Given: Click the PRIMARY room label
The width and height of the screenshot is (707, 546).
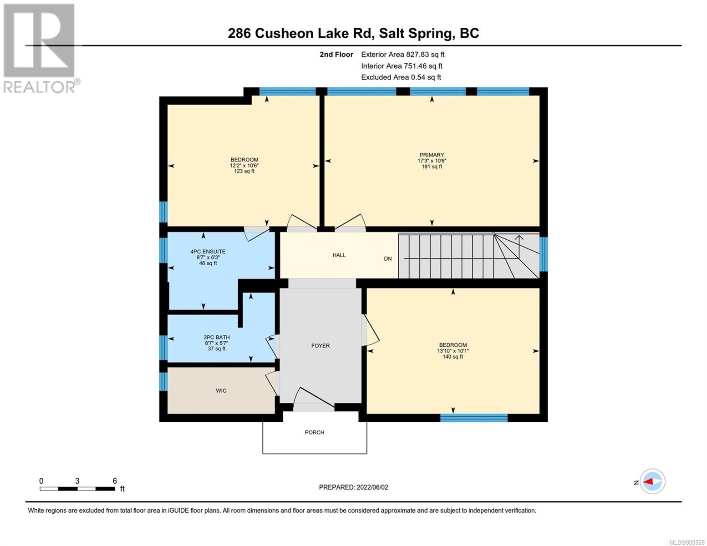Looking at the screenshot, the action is tap(432, 155).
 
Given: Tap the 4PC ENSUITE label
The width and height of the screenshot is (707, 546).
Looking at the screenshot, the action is tap(208, 251).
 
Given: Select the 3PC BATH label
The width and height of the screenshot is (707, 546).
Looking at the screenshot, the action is tap(217, 338).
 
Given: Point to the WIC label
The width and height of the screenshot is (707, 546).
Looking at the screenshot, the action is tap(221, 390).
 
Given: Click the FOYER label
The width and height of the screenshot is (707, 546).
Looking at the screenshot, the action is tap(320, 346).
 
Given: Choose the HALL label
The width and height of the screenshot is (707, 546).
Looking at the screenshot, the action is tap(339, 255).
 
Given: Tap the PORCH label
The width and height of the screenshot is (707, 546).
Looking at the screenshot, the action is tap(315, 433).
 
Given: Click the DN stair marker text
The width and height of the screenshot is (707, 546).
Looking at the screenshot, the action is tap(388, 259).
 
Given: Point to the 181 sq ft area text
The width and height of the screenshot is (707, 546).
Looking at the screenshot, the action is tap(432, 167).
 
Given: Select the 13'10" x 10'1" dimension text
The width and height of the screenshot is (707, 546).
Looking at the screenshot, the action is tap(453, 351).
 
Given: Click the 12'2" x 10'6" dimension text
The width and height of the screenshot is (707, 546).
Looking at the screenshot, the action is tap(244, 166).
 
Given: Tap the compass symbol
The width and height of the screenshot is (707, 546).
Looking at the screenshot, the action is tap(652, 481).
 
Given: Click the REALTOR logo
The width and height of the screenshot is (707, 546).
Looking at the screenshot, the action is tap(41, 48).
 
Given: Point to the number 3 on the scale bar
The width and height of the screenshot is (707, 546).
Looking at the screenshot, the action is tap(77, 481).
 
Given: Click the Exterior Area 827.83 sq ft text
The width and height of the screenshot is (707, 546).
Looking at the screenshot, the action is tap(403, 55).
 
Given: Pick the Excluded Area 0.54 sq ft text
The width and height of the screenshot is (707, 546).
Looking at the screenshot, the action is tap(401, 77).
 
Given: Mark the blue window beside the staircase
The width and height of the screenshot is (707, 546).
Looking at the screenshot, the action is tap(544, 254).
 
